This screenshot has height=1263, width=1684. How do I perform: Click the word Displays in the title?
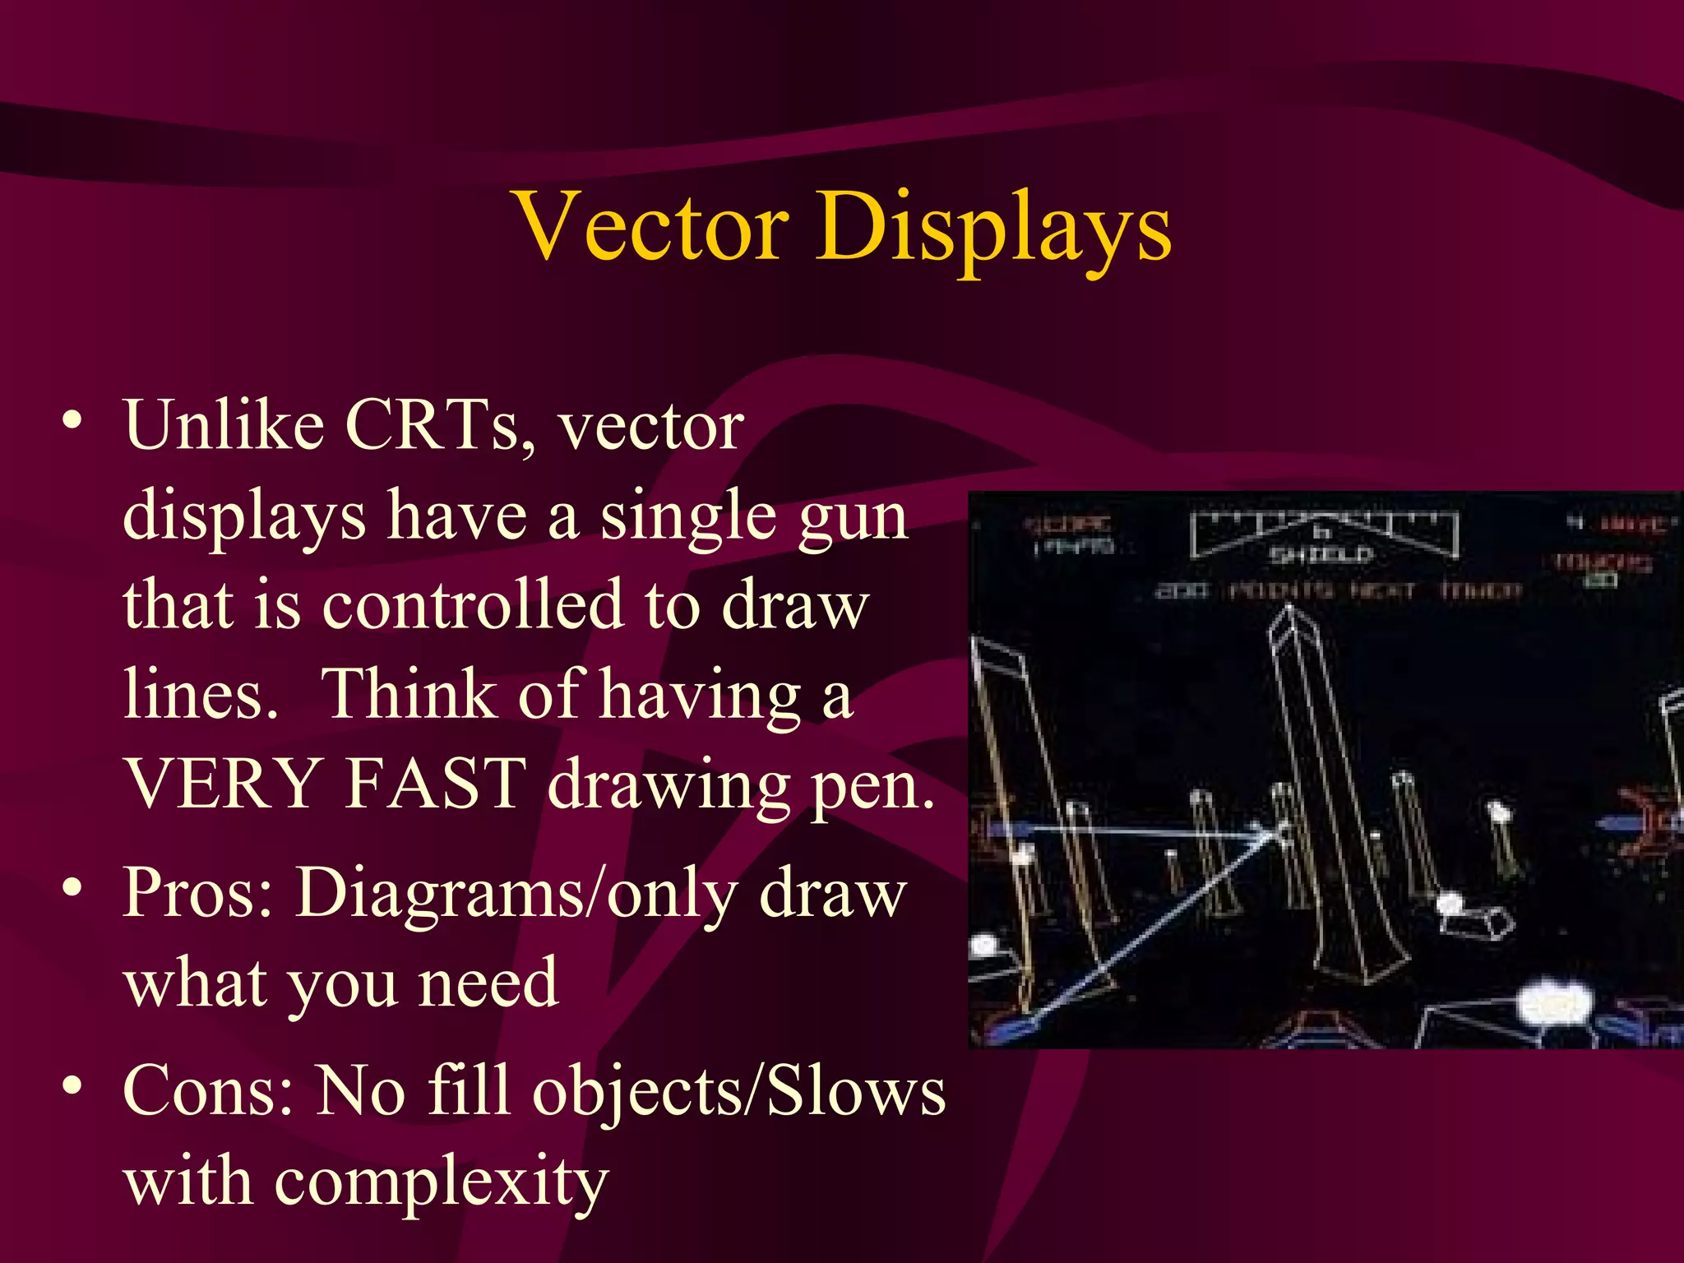[993, 230]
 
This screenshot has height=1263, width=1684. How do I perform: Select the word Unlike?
[224, 425]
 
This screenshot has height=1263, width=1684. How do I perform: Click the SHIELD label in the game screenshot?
[1321, 556]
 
